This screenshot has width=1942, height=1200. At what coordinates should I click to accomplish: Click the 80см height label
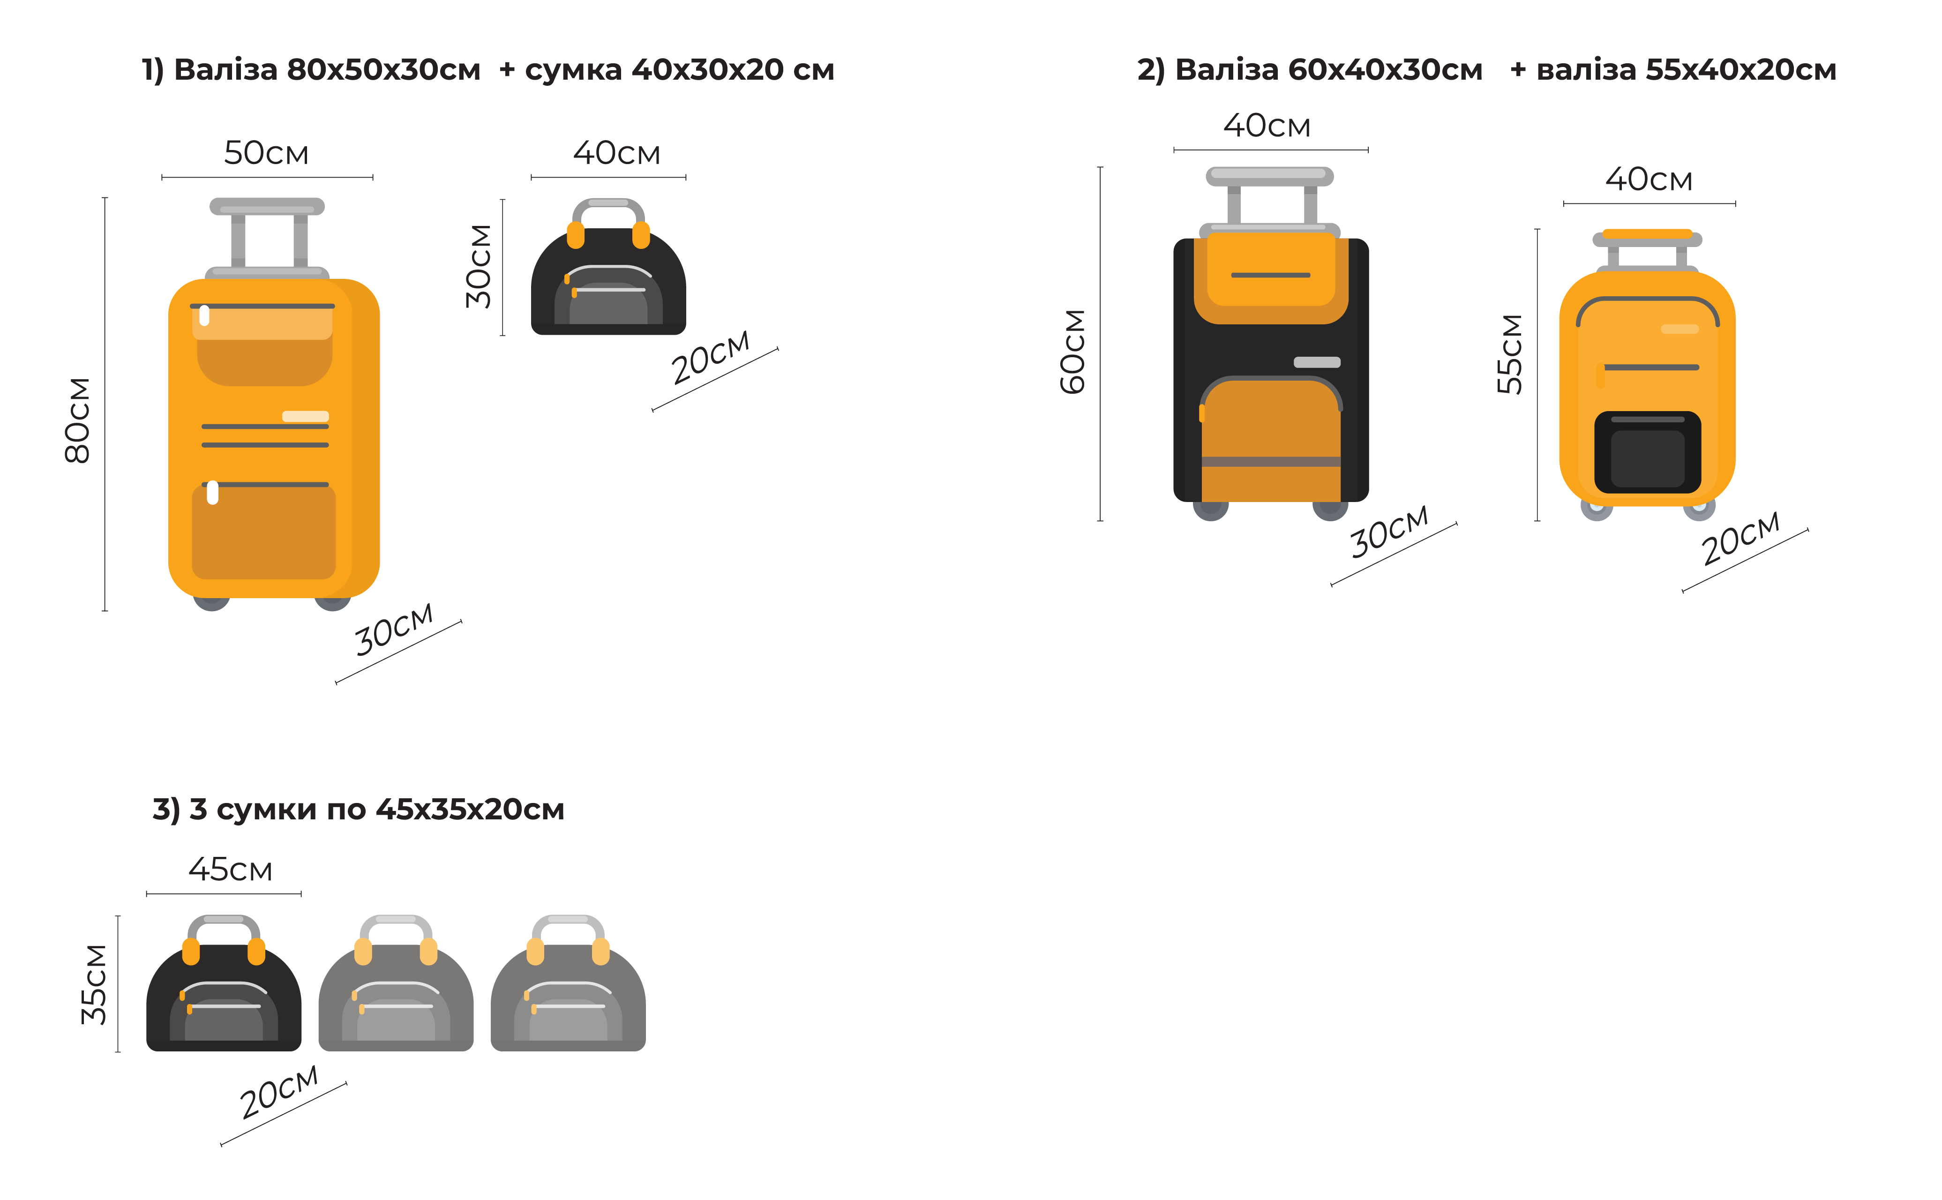(x=78, y=420)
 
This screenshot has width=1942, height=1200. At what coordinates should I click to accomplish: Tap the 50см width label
(x=266, y=152)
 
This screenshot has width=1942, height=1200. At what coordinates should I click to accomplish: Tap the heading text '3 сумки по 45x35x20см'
(x=376, y=810)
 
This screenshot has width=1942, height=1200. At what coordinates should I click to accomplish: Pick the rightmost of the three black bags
(x=568, y=988)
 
